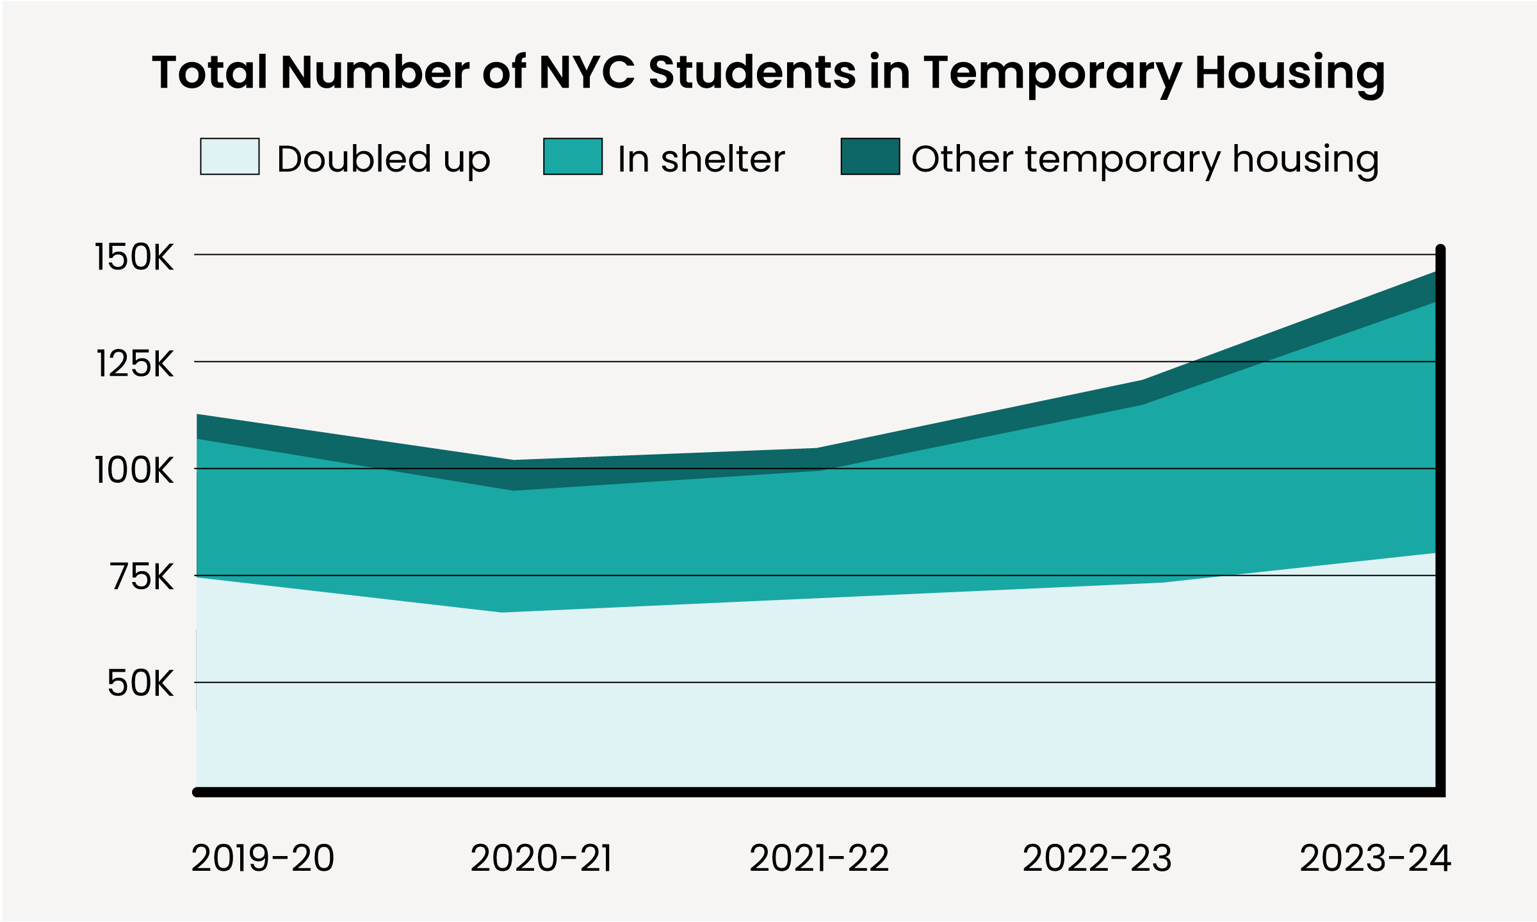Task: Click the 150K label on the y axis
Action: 134,257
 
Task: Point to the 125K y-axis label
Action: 134,364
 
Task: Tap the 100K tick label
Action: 134,471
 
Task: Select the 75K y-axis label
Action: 142,577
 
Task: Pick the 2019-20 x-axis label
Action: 263,858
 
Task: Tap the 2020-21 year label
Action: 542,858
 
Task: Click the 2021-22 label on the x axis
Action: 820,858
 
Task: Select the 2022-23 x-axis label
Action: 1097,858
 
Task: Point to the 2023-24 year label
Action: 1376,858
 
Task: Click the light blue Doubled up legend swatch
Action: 230,156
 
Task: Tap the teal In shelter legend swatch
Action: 573,156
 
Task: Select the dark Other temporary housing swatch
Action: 870,156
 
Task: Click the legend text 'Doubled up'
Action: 384,159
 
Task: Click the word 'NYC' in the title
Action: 587,72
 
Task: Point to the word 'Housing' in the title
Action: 1290,75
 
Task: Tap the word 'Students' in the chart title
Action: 752,72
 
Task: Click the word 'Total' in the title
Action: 209,72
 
